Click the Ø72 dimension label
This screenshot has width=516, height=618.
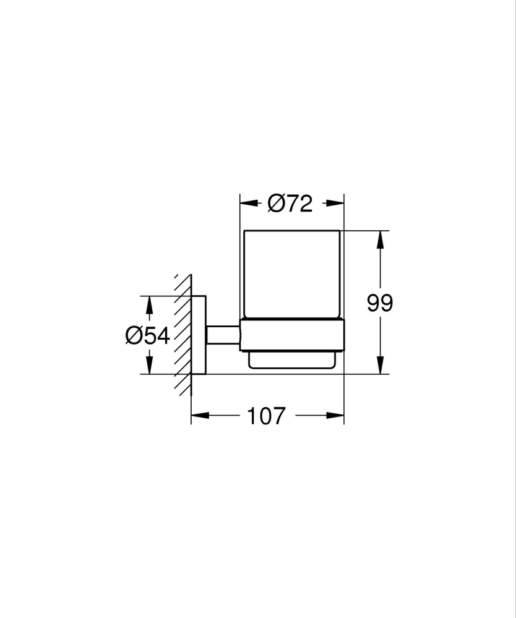290,203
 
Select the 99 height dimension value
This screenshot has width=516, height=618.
379,303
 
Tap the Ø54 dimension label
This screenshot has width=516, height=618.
147,335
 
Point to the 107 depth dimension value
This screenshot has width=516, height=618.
267,416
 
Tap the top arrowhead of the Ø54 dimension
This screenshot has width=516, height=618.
148,304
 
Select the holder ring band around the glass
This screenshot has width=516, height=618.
291,336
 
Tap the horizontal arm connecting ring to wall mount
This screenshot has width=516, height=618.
223,335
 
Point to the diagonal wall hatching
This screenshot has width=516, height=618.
183,335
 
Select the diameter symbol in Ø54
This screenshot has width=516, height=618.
134,335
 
